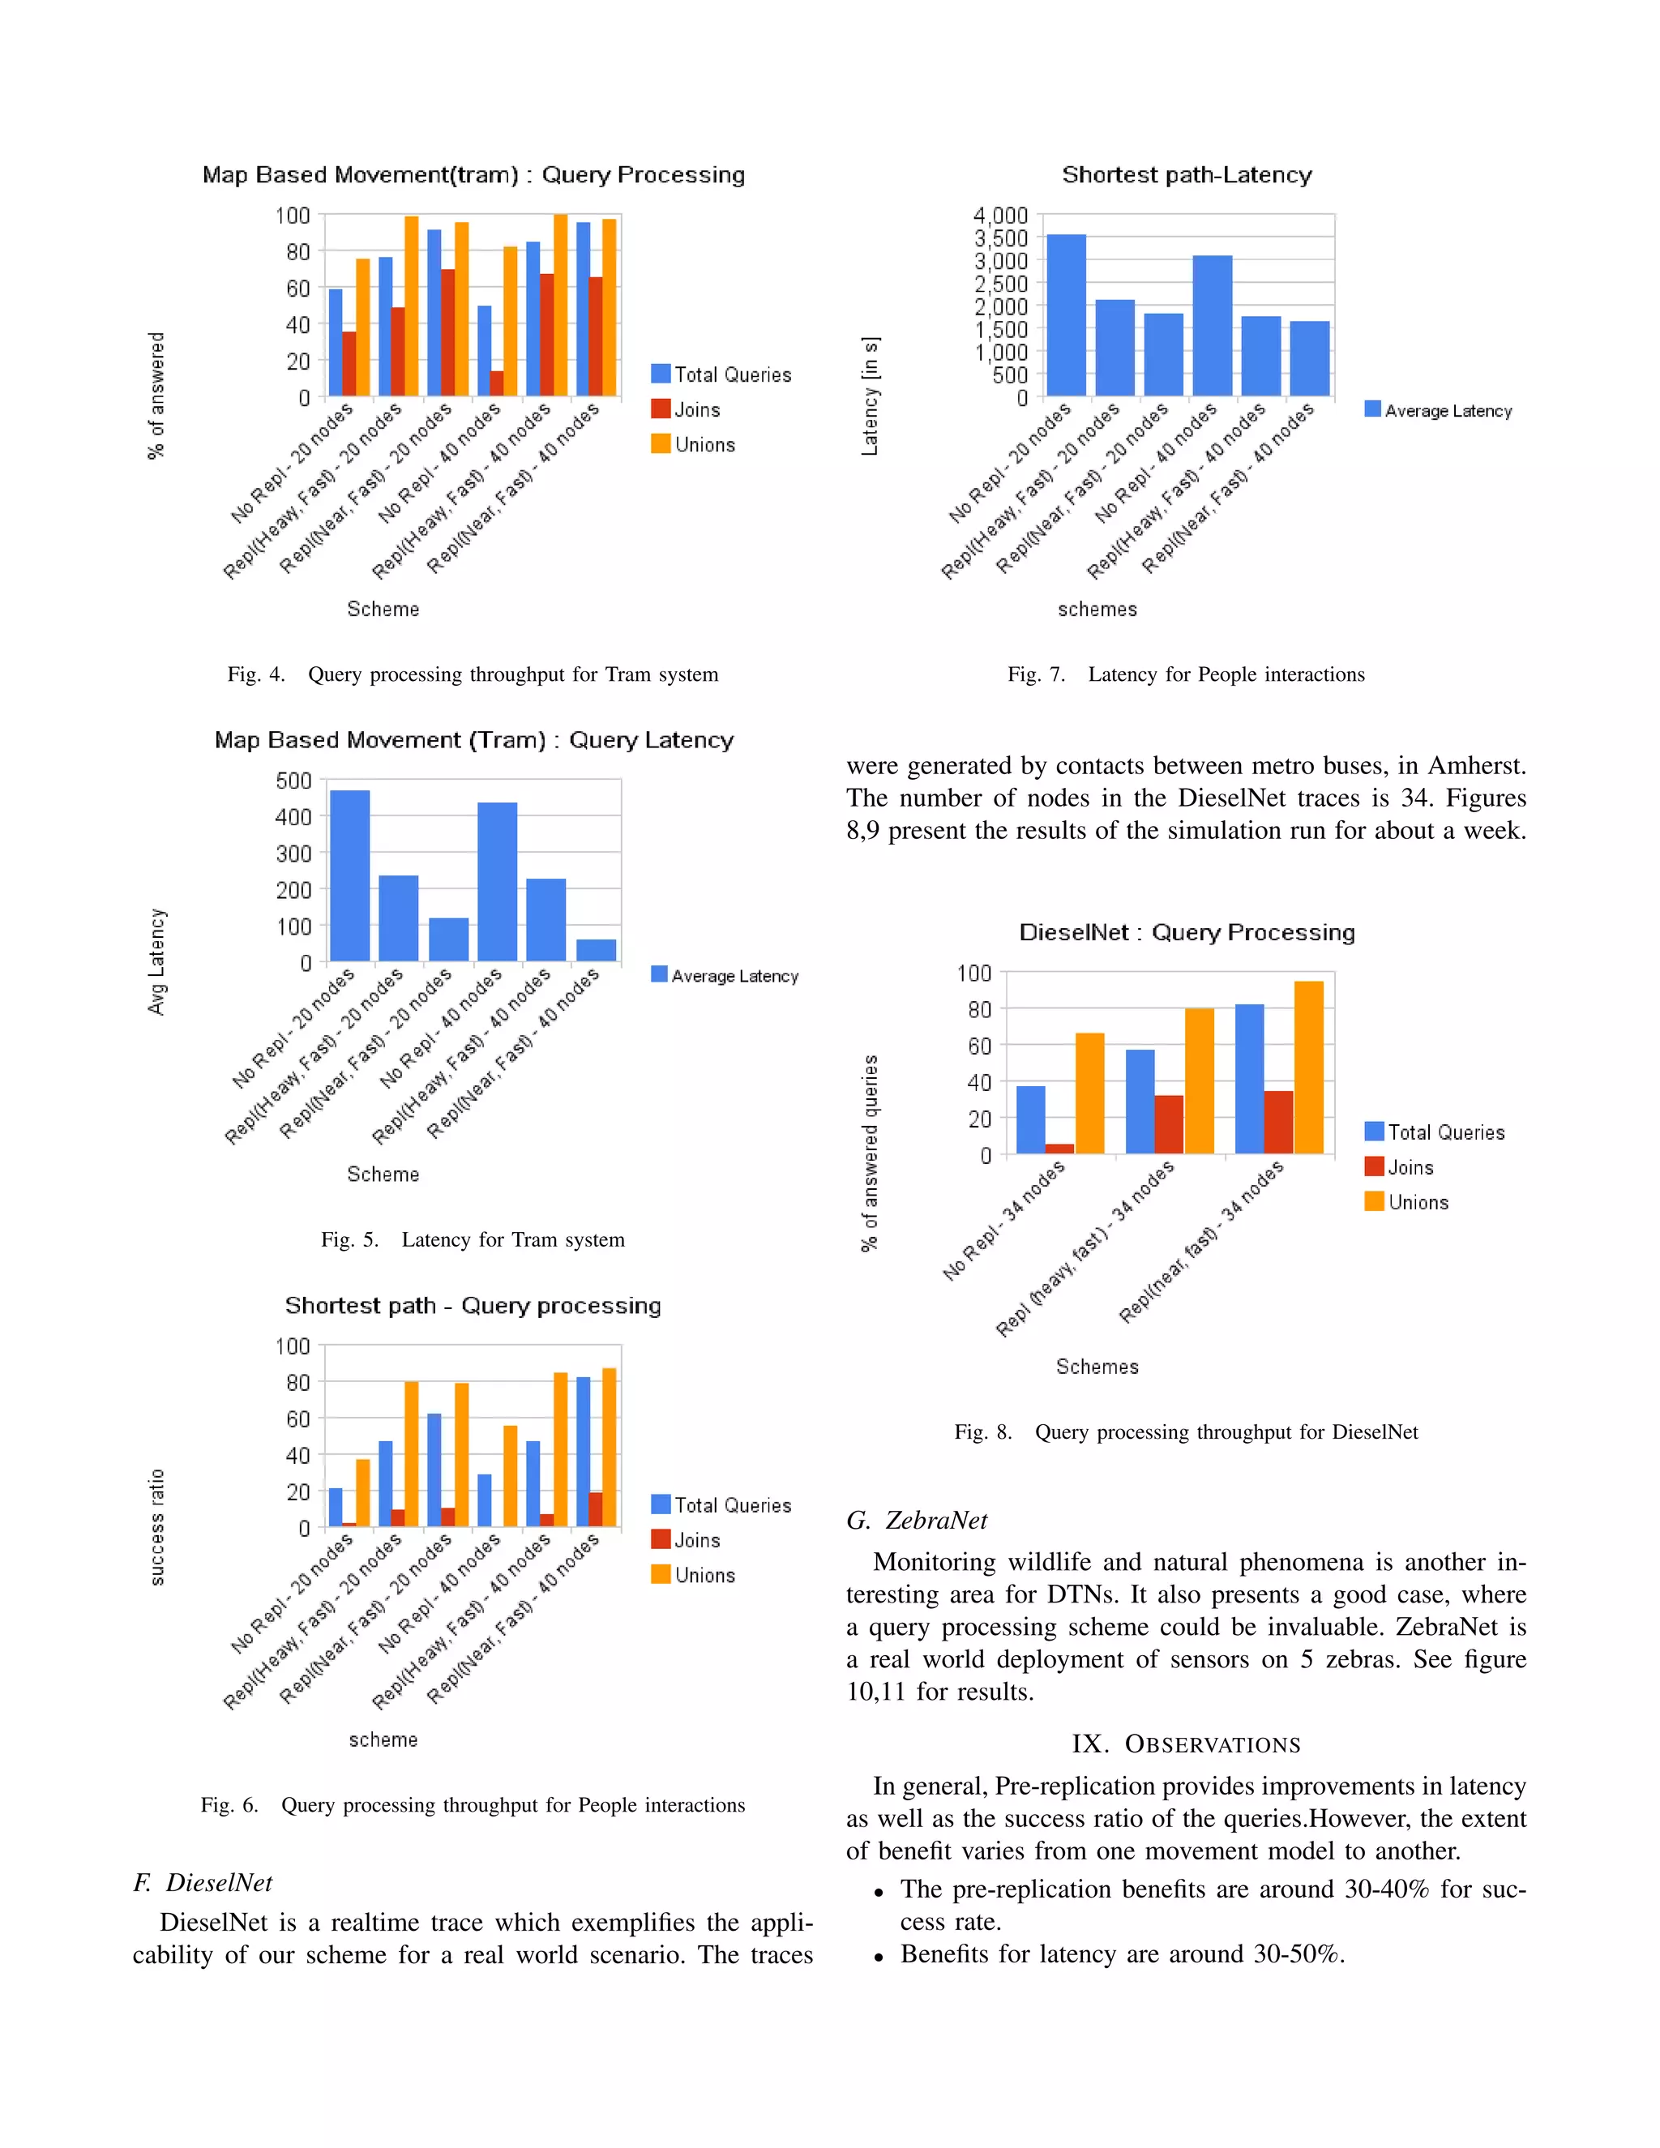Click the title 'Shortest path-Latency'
click(x=1186, y=175)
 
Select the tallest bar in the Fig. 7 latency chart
click(x=1066, y=314)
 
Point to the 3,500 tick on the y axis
click(x=1000, y=238)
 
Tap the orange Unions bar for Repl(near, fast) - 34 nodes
click(x=1308, y=1068)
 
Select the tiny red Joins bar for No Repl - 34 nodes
click(x=1059, y=1148)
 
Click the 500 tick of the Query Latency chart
click(x=293, y=781)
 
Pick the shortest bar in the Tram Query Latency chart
click(x=596, y=950)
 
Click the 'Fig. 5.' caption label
click(x=349, y=1239)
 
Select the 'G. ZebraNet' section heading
click(x=917, y=1521)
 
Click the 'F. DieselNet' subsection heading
click(x=203, y=1882)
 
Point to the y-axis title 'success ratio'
click(x=157, y=1527)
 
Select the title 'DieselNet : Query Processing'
click(x=1186, y=932)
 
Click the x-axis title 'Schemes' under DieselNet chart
click(x=1097, y=1366)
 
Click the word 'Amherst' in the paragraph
click(x=1475, y=766)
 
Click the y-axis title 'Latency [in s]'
click(x=871, y=396)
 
